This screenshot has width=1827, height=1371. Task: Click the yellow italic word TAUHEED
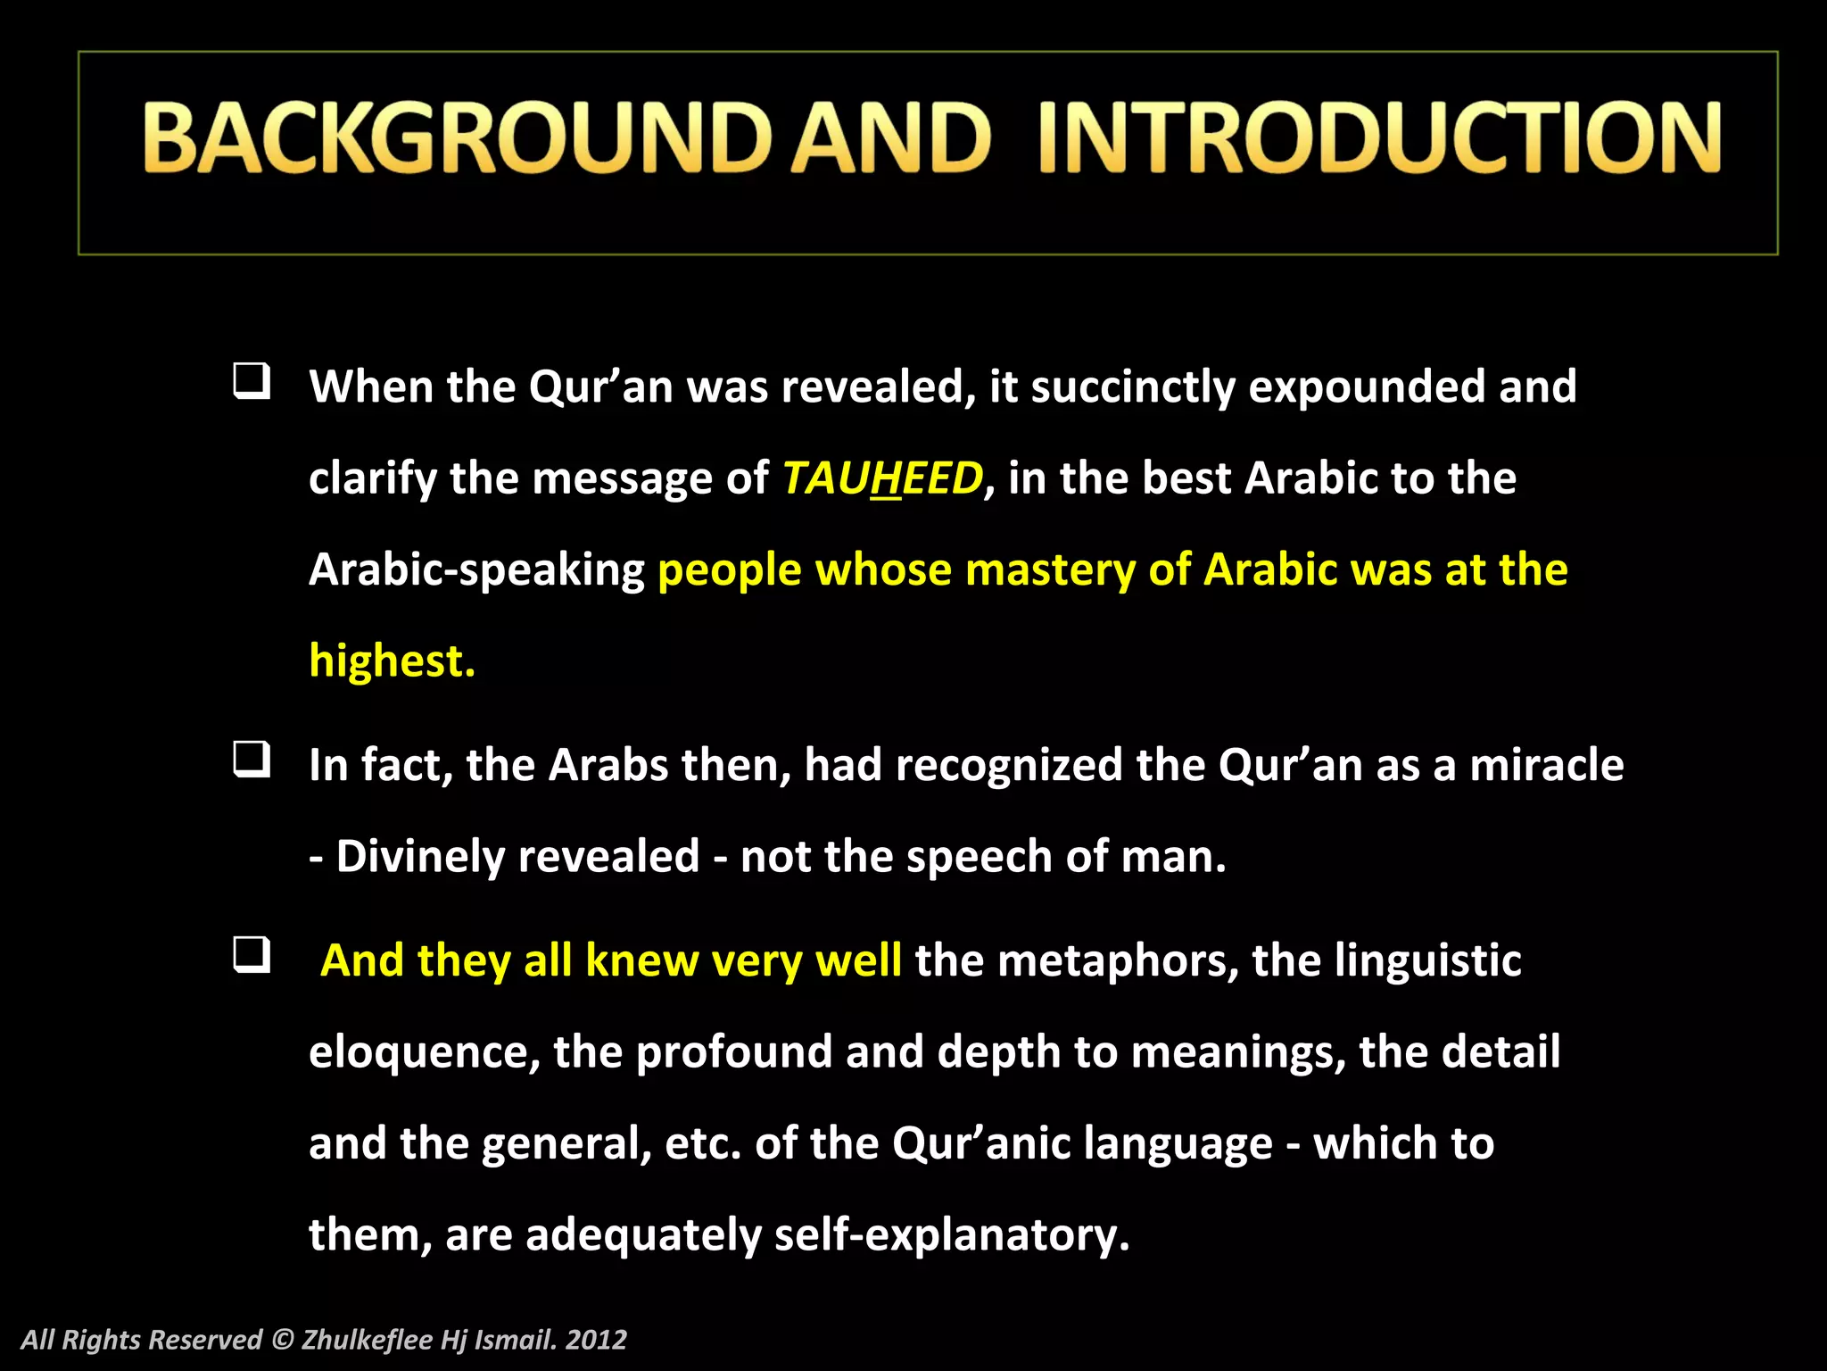coord(882,478)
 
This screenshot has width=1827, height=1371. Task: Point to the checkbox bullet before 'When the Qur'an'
coord(252,381)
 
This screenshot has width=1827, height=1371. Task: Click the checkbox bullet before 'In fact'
coord(252,760)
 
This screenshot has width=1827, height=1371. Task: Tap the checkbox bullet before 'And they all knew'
coord(252,955)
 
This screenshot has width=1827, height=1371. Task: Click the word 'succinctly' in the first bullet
coord(1133,387)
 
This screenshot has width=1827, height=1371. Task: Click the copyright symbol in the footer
coord(282,1340)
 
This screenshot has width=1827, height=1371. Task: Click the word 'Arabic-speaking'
coord(476,570)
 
